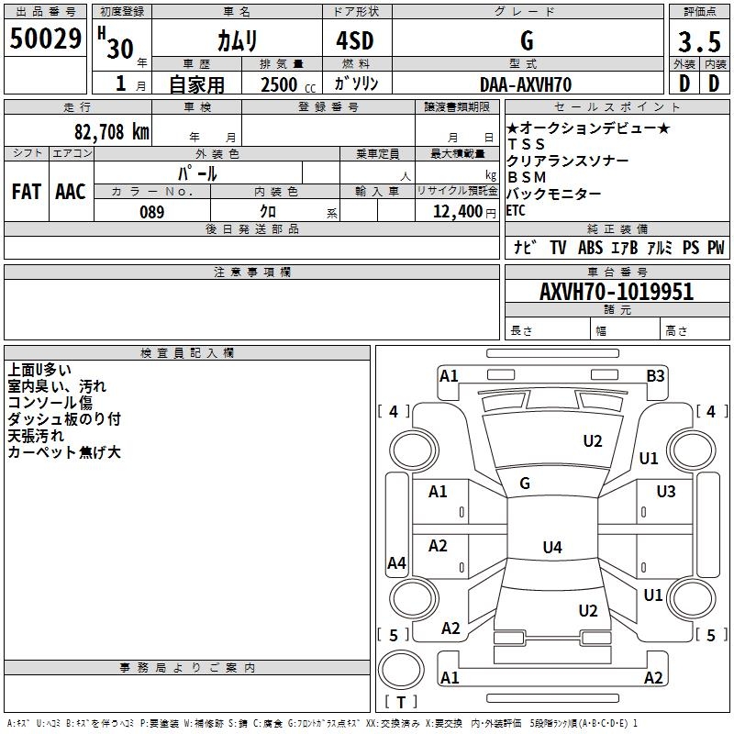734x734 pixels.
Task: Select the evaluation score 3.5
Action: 698,42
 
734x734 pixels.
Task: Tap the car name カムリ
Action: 238,40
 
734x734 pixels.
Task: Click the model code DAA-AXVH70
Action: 526,84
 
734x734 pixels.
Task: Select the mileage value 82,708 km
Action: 111,131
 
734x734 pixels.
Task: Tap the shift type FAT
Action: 27,192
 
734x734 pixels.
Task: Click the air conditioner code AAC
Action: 71,192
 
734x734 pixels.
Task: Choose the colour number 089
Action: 152,212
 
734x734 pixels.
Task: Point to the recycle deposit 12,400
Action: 455,212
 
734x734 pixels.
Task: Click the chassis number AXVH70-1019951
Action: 617,292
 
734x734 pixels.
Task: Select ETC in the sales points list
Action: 516,210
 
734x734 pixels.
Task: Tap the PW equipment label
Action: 715,248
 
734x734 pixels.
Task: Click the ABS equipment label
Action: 590,248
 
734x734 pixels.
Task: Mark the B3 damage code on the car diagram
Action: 655,375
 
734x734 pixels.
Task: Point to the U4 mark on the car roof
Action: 551,548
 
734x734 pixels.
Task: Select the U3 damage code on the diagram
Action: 666,492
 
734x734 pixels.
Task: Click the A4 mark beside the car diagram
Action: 396,563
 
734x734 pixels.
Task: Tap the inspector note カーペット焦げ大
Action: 64,452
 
